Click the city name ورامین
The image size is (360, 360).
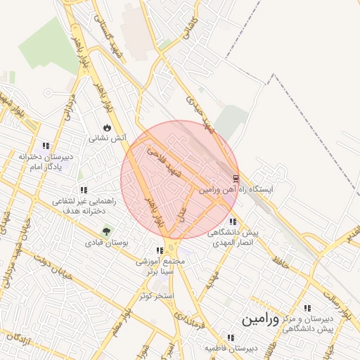tap(260, 319)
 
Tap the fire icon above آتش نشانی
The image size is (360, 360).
tap(106, 128)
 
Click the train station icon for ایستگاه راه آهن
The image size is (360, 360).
tap(236, 179)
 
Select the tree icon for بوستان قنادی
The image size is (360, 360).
tap(106, 231)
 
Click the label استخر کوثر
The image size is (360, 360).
tap(156, 295)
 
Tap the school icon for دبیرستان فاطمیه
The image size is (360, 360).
tap(231, 337)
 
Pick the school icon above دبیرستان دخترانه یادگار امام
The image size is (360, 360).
tap(46, 146)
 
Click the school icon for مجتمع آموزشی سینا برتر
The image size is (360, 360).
tap(160, 250)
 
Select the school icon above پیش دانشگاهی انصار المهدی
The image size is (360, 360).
tap(233, 222)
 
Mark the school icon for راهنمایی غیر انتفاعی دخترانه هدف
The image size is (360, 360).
tap(84, 190)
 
